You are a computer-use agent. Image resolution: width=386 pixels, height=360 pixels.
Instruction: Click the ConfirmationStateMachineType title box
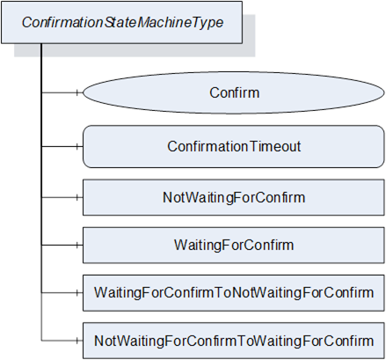pyautogui.click(x=121, y=22)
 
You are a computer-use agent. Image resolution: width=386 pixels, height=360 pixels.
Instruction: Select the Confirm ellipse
pyautogui.click(x=234, y=92)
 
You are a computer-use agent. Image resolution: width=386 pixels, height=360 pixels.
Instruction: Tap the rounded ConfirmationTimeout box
pyautogui.click(x=234, y=146)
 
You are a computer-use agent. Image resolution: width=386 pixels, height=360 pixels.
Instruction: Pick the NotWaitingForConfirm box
pyautogui.click(x=234, y=197)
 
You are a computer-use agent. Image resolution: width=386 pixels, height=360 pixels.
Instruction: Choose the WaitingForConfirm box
pyautogui.click(x=234, y=245)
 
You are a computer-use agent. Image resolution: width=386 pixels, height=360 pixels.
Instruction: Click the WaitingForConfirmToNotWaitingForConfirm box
pyautogui.click(x=234, y=293)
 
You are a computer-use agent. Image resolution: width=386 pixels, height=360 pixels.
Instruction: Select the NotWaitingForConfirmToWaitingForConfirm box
pyautogui.click(x=234, y=341)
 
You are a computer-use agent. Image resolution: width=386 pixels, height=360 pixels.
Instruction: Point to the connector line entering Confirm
pyautogui.click(x=62, y=92)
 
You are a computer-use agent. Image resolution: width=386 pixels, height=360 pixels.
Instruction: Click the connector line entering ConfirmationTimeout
pyautogui.click(x=62, y=146)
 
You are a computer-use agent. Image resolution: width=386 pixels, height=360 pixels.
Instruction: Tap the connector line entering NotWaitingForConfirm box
pyautogui.click(x=62, y=197)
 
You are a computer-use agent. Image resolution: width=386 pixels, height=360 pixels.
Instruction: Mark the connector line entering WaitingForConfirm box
pyautogui.click(x=62, y=245)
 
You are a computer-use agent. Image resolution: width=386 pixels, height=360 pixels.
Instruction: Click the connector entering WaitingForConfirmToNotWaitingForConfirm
pyautogui.click(x=62, y=292)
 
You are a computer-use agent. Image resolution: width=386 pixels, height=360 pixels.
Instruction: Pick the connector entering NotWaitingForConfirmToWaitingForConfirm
pyautogui.click(x=62, y=341)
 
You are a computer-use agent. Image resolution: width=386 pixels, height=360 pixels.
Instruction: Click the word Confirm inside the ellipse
pyautogui.click(x=235, y=92)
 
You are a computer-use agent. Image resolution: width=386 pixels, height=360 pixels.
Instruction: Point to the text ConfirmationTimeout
pyautogui.click(x=234, y=146)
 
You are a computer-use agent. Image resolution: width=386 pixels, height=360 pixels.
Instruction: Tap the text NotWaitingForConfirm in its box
pyautogui.click(x=234, y=197)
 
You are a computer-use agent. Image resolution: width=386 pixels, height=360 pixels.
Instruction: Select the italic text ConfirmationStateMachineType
pyautogui.click(x=122, y=23)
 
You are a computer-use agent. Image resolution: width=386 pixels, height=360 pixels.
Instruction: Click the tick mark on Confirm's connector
pyautogui.click(x=77, y=92)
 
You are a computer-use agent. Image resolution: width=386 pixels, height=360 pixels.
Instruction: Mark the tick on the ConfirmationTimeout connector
pyautogui.click(x=77, y=146)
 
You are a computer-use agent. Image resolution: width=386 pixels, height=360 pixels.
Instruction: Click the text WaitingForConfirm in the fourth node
pyautogui.click(x=234, y=245)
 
